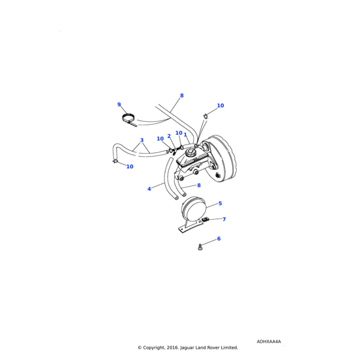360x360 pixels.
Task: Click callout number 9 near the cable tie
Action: [x=119, y=105]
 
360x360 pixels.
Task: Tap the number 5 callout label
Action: [x=220, y=204]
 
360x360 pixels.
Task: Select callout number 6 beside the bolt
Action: [x=218, y=239]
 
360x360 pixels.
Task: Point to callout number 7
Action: [x=224, y=220]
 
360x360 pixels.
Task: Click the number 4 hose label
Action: [x=149, y=189]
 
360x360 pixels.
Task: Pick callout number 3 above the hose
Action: [x=142, y=141]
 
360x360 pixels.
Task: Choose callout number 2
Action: [x=169, y=136]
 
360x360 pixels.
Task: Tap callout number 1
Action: [x=185, y=135]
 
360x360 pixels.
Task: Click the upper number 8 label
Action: [x=182, y=95]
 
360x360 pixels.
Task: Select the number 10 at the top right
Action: [x=220, y=106]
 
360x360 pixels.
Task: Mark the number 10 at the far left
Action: [x=130, y=167]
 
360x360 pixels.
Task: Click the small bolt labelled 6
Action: [x=200, y=246]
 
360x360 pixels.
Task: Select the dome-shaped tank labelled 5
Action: [x=193, y=209]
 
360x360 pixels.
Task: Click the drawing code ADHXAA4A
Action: [x=268, y=341]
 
